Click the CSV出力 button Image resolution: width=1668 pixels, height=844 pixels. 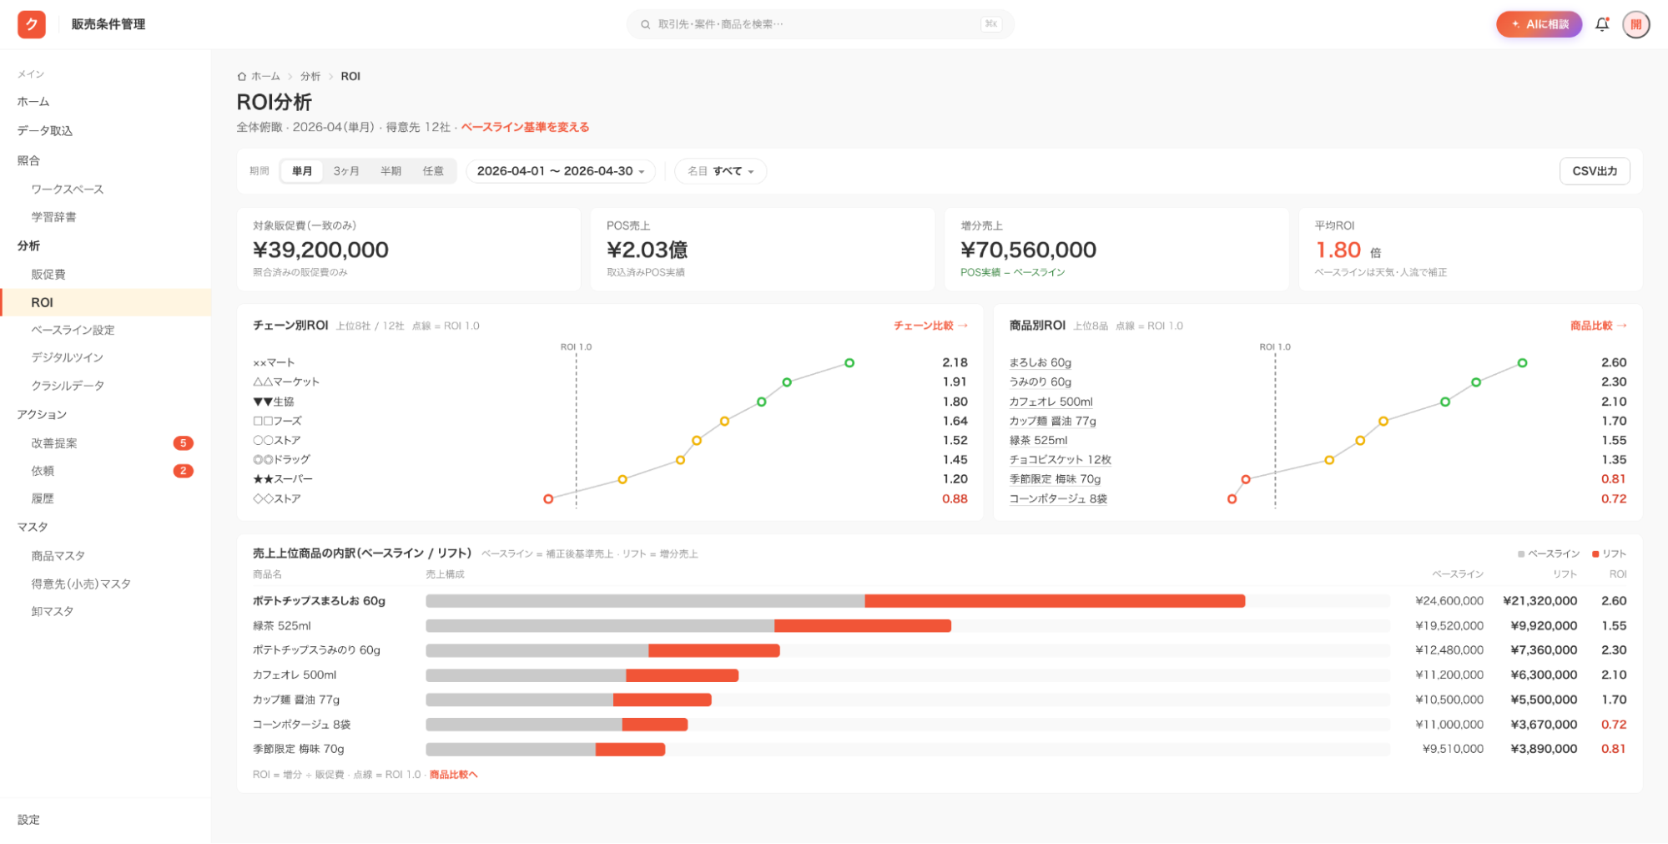click(1594, 171)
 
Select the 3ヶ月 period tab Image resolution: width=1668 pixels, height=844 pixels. click(346, 171)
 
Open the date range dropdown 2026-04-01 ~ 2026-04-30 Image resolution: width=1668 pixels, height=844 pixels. click(560, 171)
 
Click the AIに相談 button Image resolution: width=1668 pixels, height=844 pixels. click(1539, 24)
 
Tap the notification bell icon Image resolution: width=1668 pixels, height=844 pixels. click(1602, 24)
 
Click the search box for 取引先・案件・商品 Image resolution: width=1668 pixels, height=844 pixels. click(819, 24)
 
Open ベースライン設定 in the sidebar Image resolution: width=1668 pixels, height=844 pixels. click(73, 330)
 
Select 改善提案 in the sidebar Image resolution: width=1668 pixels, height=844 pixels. click(54, 443)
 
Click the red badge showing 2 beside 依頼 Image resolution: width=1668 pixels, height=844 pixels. click(184, 471)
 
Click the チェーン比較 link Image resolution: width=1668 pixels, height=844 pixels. click(930, 326)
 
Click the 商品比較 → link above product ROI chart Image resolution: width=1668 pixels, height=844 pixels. click(1598, 326)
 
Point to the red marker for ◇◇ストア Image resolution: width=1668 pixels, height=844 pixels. click(548, 499)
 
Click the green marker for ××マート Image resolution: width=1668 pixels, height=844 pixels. click(849, 363)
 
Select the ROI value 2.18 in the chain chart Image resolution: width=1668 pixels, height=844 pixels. click(955, 362)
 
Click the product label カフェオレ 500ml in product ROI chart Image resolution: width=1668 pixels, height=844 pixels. click(1051, 402)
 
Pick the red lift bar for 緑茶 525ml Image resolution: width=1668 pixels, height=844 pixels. click(863, 626)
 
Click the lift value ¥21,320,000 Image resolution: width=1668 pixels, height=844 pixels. click(1539, 601)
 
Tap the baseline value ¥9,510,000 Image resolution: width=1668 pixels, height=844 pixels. click(1453, 749)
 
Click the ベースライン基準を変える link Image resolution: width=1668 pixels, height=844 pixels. click(525, 127)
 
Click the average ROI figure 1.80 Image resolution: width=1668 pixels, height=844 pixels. click(1338, 250)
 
